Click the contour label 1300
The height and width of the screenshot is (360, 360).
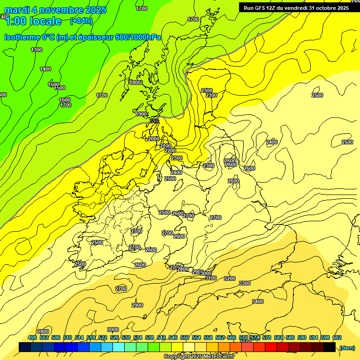click(36, 50)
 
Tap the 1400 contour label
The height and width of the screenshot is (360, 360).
click(45, 69)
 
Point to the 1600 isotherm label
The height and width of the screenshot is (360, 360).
click(65, 100)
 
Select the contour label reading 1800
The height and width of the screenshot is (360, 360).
click(135, 82)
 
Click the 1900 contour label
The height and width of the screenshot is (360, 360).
click(141, 114)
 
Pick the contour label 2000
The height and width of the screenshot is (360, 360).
click(153, 139)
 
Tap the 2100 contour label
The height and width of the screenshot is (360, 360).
click(165, 146)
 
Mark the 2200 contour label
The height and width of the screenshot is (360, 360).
click(170, 150)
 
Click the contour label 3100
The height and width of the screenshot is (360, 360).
click(211, 278)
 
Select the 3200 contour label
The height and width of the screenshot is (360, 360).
click(230, 278)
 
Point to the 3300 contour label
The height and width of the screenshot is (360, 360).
click(244, 283)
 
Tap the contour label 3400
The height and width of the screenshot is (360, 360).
click(257, 301)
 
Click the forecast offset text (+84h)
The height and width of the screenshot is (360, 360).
click(81, 21)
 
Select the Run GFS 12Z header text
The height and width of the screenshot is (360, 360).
click(296, 8)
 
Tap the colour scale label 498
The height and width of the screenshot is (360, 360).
click(32, 337)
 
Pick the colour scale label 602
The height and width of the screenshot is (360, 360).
click(337, 337)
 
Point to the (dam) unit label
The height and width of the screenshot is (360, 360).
click(347, 347)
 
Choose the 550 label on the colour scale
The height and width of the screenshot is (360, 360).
click(185, 337)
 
